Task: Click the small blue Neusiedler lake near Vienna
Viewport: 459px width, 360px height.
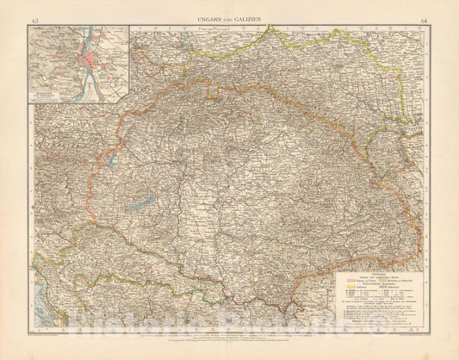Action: (112, 159)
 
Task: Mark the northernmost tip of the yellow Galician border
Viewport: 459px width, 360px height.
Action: (272, 27)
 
